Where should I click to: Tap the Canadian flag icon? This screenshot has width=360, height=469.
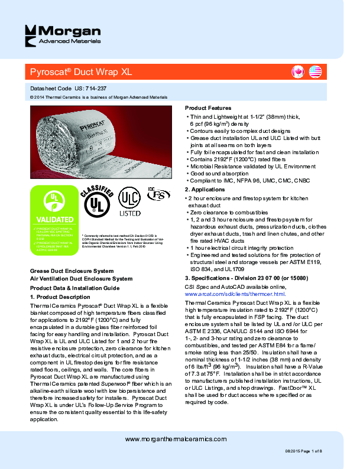coord(298,72)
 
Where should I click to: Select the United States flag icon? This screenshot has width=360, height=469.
coord(315,72)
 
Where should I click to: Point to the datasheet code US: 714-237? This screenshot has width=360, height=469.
coord(68,88)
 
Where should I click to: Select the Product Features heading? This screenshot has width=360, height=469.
coord(208,108)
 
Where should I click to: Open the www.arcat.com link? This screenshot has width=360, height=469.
coord(235,293)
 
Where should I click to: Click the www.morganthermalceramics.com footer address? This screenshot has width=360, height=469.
coord(180,439)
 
